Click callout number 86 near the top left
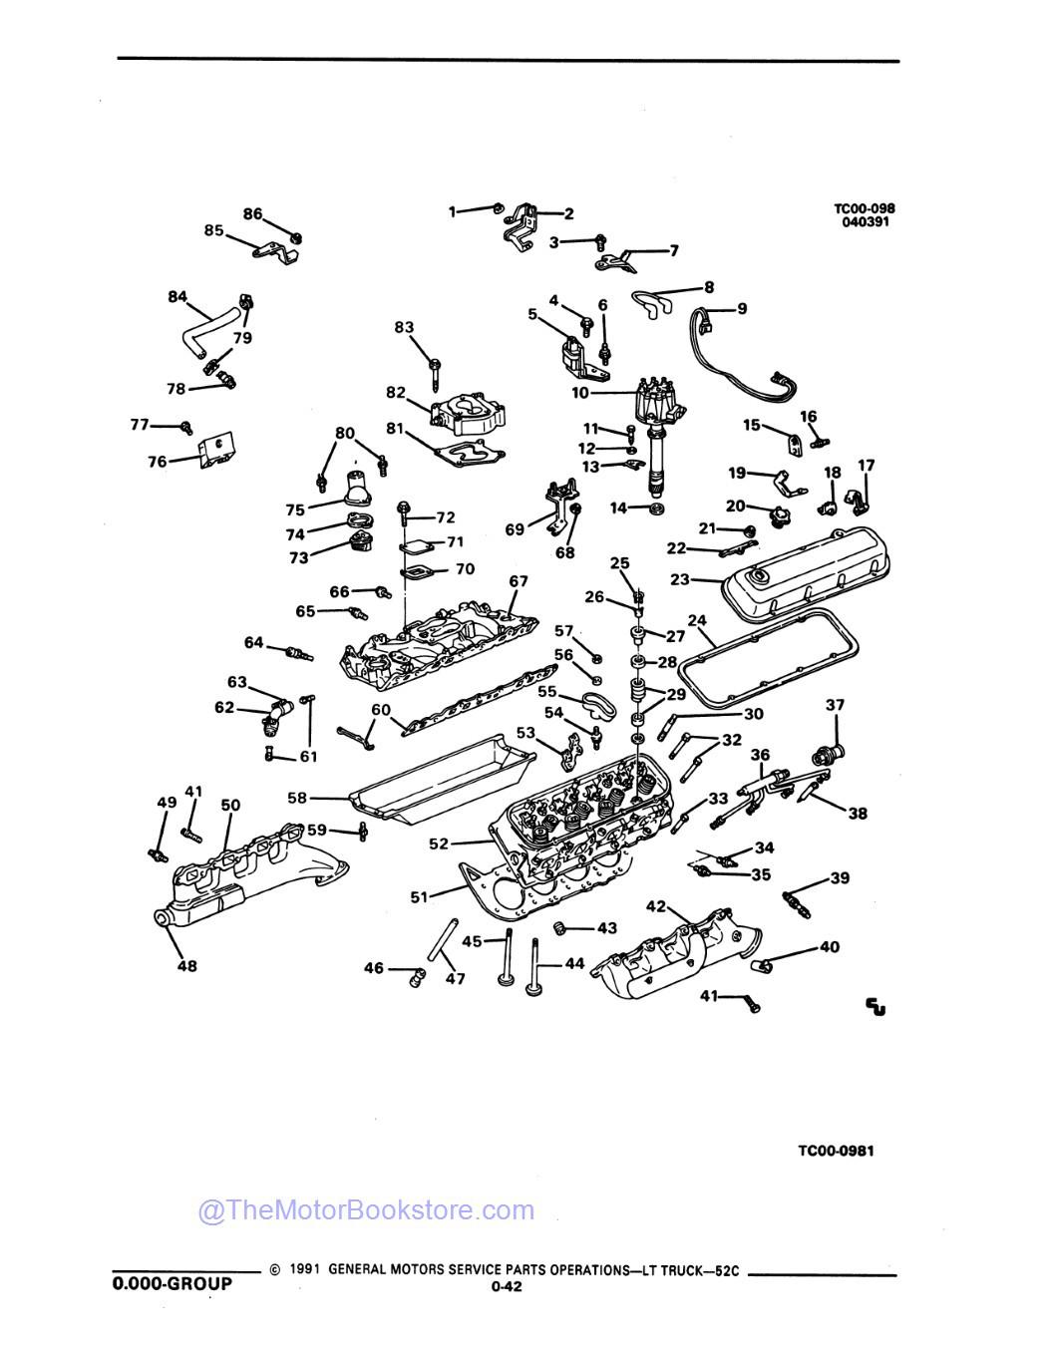252,213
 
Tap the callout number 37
835,705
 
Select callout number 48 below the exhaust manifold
186,965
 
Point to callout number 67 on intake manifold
518,581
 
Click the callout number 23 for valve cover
680,577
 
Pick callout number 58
296,798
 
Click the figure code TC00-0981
836,1151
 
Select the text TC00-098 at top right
864,208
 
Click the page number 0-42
502,1286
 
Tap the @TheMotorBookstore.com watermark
366,1210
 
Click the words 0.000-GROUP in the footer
172,1283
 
